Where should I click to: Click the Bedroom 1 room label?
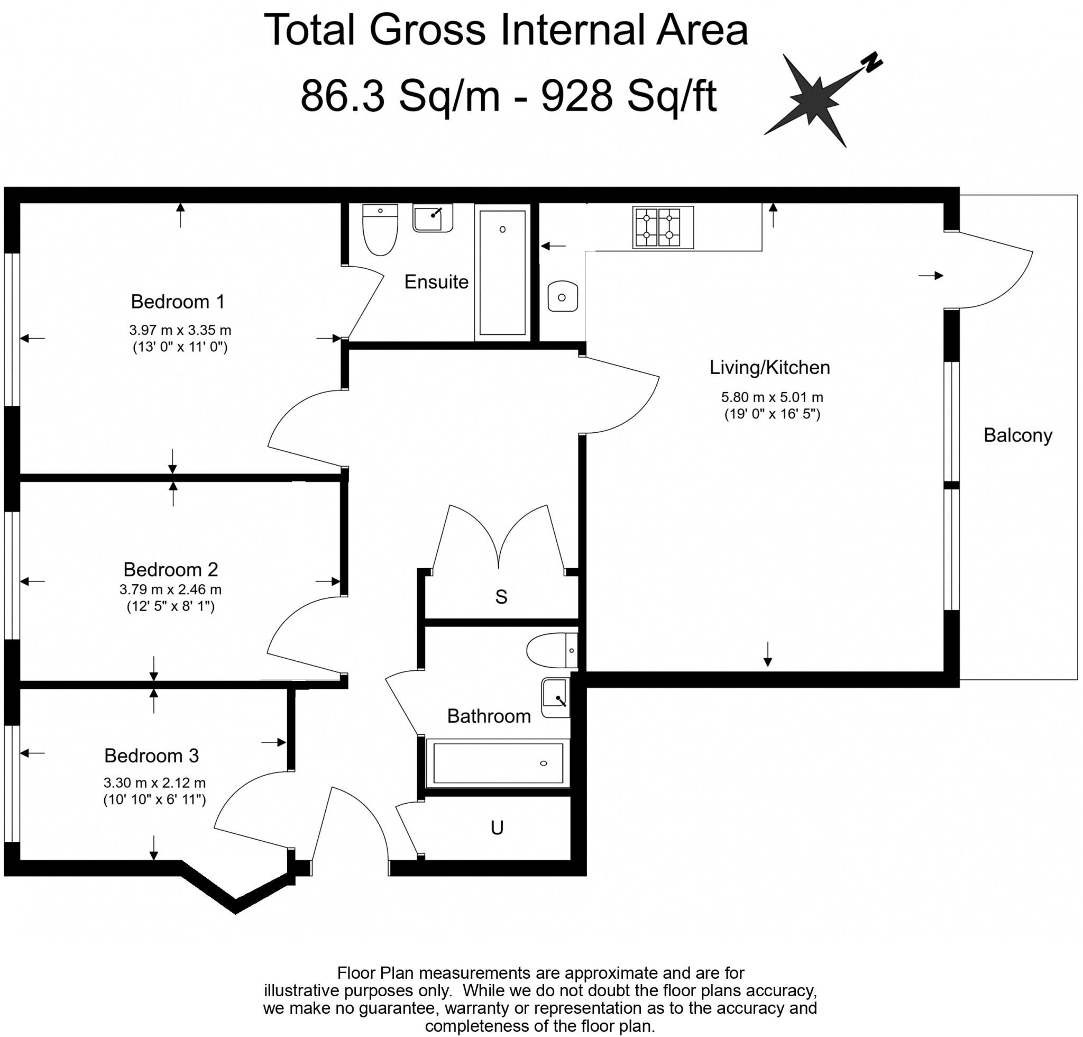click(178, 302)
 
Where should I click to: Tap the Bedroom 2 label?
click(171, 569)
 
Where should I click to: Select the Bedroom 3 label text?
click(151, 756)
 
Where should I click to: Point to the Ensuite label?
click(436, 282)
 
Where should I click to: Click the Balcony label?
click(1018, 435)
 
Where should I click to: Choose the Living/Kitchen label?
click(770, 368)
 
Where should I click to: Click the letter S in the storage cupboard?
click(501, 597)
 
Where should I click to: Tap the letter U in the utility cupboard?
click(497, 827)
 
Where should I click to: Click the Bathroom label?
click(489, 716)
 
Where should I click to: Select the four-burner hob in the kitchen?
click(663, 228)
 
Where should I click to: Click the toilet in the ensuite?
click(380, 230)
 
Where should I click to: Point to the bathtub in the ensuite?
click(502, 272)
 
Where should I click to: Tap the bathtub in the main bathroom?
click(498, 763)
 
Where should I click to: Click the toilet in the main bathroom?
click(552, 651)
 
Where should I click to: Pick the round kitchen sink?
click(563, 297)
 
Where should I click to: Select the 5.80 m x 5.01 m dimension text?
click(772, 397)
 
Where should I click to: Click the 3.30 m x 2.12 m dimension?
click(155, 783)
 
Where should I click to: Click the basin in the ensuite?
click(433, 218)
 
